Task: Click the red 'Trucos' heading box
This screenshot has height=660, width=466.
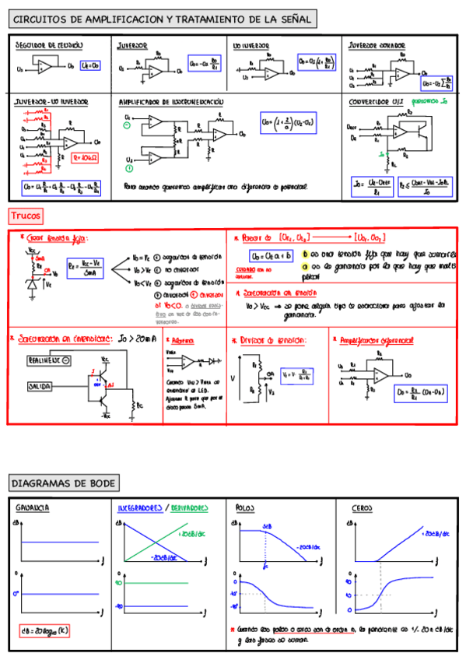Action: (x=26, y=215)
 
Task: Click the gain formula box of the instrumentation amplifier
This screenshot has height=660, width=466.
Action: (x=288, y=122)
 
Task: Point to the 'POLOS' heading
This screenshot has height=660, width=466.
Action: (x=246, y=507)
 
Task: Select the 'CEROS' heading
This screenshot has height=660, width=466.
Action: (x=362, y=507)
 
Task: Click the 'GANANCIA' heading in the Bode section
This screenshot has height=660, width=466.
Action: (x=33, y=507)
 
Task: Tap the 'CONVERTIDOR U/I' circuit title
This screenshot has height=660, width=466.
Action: (x=375, y=101)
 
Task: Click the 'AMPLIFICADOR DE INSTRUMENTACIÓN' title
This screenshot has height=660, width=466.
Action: (x=171, y=102)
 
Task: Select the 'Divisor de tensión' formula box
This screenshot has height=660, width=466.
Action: (x=298, y=374)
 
